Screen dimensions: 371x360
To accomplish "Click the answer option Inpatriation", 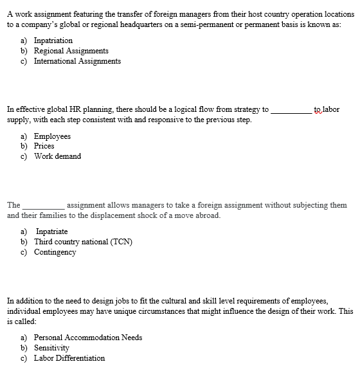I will pos(53,40).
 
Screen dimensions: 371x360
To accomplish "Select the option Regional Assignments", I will pos(71,50).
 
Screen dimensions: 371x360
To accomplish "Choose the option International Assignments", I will pos(77,61).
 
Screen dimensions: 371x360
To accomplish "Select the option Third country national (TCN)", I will pos(84,242).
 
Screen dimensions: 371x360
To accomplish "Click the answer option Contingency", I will pos(55,252).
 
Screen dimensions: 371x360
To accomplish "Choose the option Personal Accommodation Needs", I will pos(88,337).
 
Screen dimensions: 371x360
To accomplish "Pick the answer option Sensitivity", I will pos(51,347).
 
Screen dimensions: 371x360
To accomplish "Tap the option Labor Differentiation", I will pos(69,358).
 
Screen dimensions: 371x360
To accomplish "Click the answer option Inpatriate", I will pos(51,231).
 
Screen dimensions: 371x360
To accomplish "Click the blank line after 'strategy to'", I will pos(291,110).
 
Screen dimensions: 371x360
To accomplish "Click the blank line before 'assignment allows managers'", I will pos(42,205).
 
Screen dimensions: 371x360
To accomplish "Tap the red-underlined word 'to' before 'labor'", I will pos(318,109).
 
